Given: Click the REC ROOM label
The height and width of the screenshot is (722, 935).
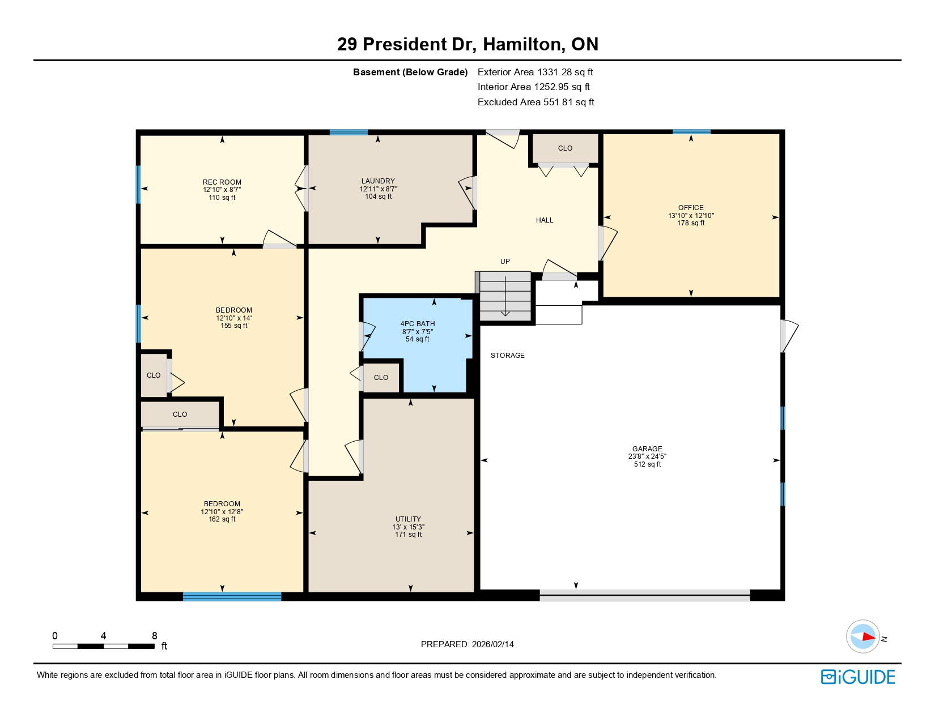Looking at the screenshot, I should coord(222,182).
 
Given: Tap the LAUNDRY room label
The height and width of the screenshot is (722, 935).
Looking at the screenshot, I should coord(378,181).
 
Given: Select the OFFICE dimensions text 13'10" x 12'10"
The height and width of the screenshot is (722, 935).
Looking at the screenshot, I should coord(691,216).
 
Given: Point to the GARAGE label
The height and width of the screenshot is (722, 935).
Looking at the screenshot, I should coord(647,448).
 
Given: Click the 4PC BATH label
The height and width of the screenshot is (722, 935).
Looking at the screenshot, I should coord(418,324).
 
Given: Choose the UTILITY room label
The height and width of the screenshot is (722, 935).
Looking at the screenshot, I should coord(408,519).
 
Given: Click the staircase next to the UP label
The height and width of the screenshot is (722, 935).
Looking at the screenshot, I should coord(505,296).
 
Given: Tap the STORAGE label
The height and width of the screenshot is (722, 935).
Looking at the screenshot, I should coord(508,356).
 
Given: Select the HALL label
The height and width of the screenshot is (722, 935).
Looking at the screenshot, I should coord(545,220).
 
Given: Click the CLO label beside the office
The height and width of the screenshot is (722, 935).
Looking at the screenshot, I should coord(565,148).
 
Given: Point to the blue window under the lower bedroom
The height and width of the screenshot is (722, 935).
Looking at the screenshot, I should coord(232,596).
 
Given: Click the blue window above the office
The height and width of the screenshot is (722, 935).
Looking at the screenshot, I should coord(691,132).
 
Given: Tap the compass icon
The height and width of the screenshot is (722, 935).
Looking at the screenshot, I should coord(862,636).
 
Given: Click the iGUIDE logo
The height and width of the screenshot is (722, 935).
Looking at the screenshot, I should coord(858,677).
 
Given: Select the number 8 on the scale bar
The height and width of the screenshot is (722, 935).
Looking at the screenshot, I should coord(154,636).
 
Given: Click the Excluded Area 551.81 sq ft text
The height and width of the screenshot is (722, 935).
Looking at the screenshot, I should coord(535,102).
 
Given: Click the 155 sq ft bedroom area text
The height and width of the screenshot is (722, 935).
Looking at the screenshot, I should coord(233,326).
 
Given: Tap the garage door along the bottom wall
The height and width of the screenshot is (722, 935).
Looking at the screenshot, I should coord(644,595).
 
